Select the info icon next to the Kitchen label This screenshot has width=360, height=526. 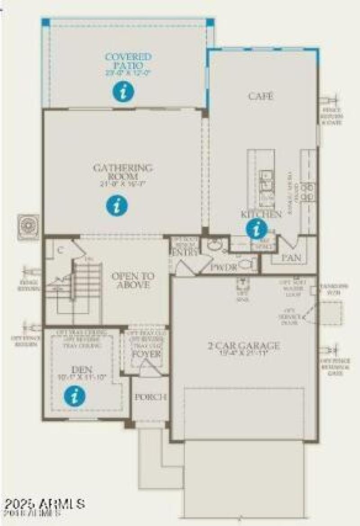click(256, 229)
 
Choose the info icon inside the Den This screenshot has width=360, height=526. click(75, 396)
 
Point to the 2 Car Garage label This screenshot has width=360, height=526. click(243, 346)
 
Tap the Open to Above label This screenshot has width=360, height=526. click(133, 281)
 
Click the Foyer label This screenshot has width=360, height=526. click(146, 353)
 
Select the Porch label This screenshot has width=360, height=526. click(151, 397)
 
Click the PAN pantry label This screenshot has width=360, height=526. click(291, 258)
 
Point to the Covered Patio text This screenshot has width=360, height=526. click(128, 61)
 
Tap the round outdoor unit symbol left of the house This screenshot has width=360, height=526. click(29, 226)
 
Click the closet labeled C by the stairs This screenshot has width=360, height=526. click(59, 251)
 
